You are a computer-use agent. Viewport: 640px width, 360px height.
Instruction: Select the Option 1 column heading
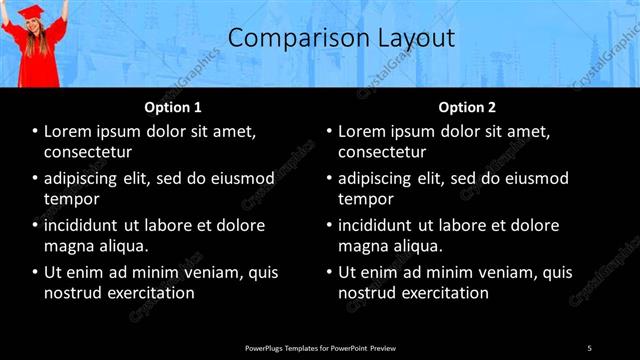pos(173,107)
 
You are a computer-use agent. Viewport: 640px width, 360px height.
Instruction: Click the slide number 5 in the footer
pos(589,347)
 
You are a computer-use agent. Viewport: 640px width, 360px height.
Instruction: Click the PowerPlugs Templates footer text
pos(320,347)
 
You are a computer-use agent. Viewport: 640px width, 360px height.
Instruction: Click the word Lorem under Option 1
pos(69,132)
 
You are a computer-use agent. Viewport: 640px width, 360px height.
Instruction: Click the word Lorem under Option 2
pos(363,132)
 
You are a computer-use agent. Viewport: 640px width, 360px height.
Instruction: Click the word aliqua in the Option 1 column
pos(124,246)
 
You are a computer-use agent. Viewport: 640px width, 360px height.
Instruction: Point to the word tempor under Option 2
pos(365,199)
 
